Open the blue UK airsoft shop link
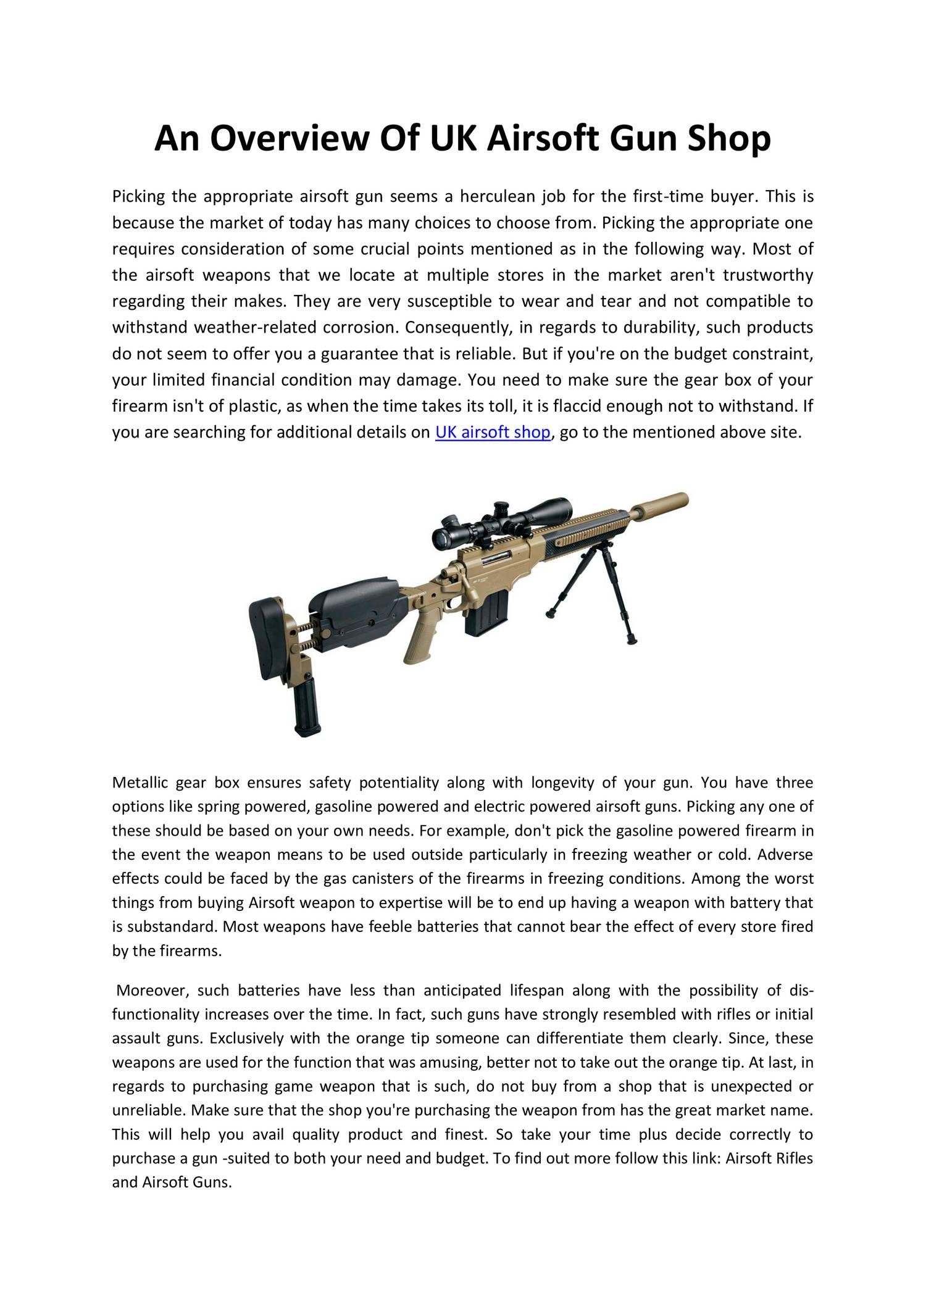(x=492, y=432)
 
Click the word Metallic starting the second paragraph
(x=139, y=783)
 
